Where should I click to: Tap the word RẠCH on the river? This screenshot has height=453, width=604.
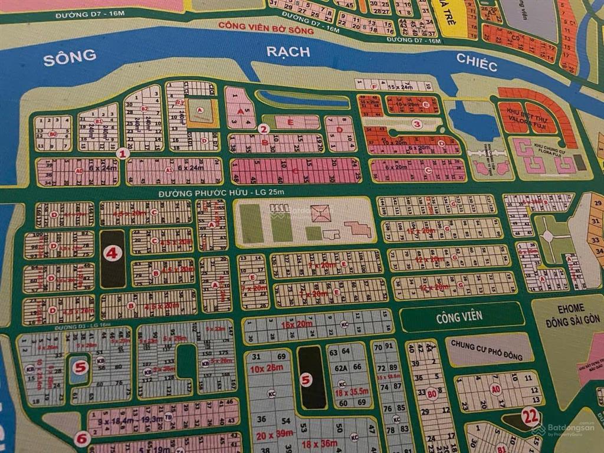coord(288,52)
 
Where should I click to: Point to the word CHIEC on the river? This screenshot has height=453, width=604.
coord(477,62)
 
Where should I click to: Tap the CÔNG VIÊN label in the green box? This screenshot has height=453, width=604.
coord(459,317)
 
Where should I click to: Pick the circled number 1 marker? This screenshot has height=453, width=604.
coord(123,153)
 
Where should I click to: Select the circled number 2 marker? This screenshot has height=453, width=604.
coord(264,129)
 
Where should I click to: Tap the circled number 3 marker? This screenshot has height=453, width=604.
coord(417,124)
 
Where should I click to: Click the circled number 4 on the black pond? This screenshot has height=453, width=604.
coord(112,254)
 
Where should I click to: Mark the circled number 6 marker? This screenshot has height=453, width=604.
coord(82,439)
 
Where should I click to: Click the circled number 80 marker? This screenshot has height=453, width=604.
coord(432,393)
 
